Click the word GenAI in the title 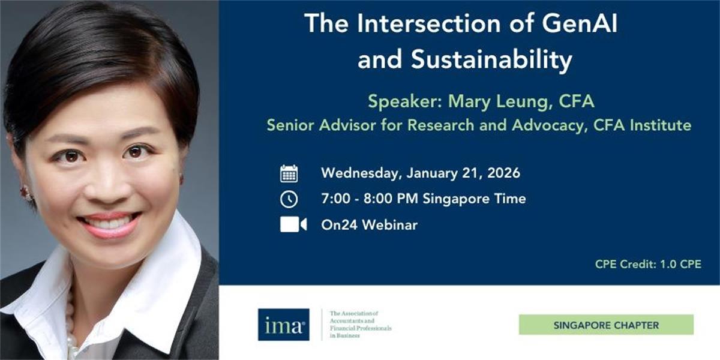pyautogui.click(x=579, y=23)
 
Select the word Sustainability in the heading pyautogui.click(x=491, y=60)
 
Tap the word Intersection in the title pyautogui.click(x=429, y=23)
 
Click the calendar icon pyautogui.click(x=289, y=173)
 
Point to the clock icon pyautogui.click(x=289, y=199)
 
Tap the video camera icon pyautogui.click(x=293, y=224)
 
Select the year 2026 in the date pyautogui.click(x=503, y=173)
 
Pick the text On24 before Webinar pyautogui.click(x=339, y=224)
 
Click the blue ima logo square pyautogui.click(x=283, y=325)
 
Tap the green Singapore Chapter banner pyautogui.click(x=606, y=325)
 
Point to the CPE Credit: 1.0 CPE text pyautogui.click(x=648, y=264)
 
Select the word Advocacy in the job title pyautogui.click(x=548, y=125)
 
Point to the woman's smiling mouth pyautogui.click(x=109, y=224)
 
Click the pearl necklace pyautogui.click(x=71, y=325)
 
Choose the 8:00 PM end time pyautogui.click(x=391, y=199)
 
